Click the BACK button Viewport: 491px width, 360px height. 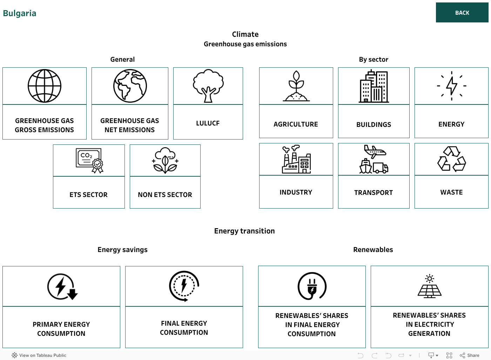click(462, 13)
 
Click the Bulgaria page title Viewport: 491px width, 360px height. click(20, 13)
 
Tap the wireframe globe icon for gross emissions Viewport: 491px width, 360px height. click(45, 86)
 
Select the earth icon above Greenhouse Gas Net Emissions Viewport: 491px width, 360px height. click(130, 86)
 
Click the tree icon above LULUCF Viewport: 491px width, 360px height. click(208, 86)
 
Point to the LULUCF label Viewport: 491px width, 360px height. click(208, 123)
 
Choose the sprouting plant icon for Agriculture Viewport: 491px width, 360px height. click(296, 86)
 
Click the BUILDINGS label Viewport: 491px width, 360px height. click(374, 124)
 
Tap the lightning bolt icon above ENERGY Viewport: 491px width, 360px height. click(452, 86)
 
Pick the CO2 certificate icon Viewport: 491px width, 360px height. click(89, 161)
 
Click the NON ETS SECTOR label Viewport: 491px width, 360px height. click(165, 195)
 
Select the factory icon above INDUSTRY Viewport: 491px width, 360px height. click(296, 159)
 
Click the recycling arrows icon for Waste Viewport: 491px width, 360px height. click(452, 159)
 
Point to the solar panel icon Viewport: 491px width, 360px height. click(429, 286)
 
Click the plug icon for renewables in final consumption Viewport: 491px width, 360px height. click(312, 286)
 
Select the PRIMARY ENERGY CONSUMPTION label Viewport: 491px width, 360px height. click(61, 329)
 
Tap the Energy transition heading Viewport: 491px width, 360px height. click(244, 231)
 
